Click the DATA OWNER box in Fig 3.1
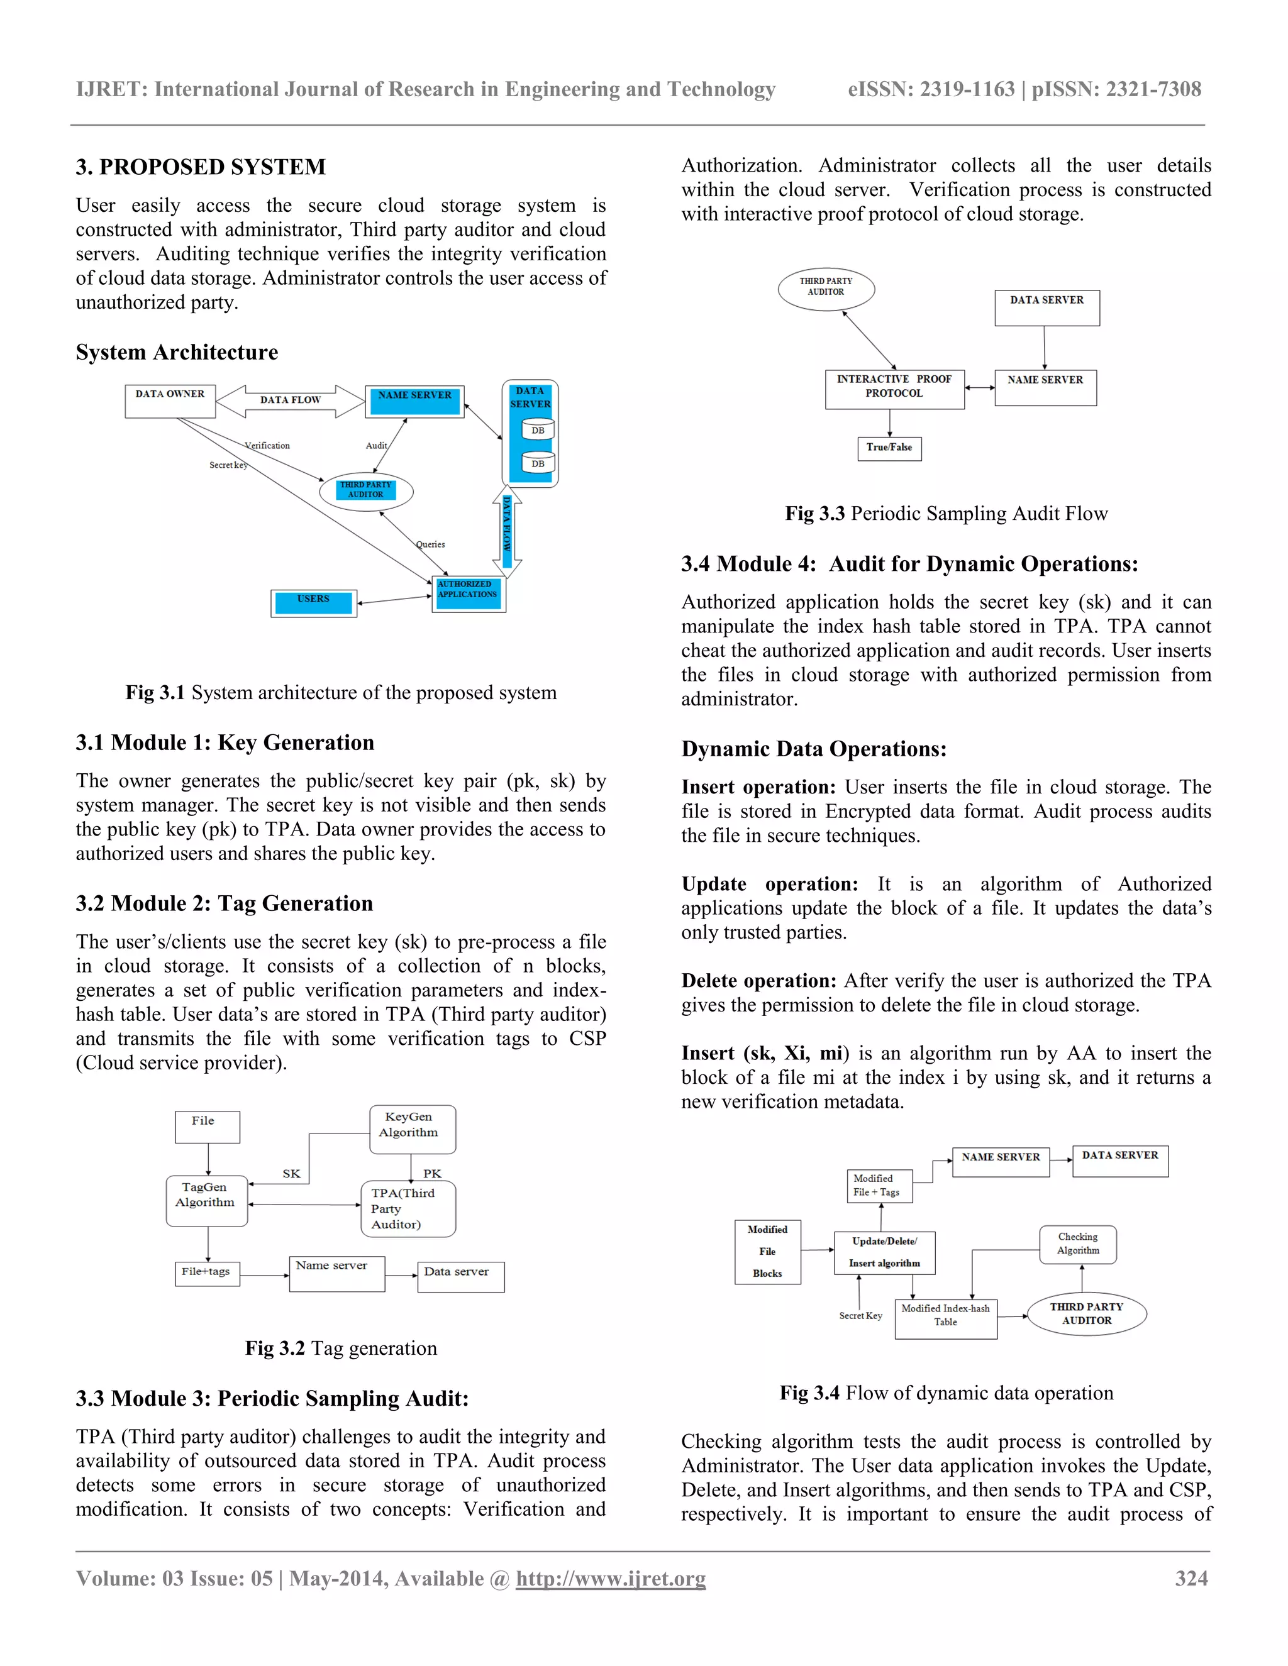(x=170, y=401)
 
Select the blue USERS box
(x=314, y=603)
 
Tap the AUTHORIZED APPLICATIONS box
(x=468, y=594)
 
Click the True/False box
(x=889, y=448)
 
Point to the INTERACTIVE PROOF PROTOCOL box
(x=894, y=389)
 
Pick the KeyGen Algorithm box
(x=412, y=1129)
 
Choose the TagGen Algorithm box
(x=206, y=1201)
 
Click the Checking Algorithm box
(x=1077, y=1244)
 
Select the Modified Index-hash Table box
(x=945, y=1319)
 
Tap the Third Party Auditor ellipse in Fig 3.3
(x=826, y=289)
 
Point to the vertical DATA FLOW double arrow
(x=507, y=532)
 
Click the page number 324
(x=1191, y=1578)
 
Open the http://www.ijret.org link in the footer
(x=611, y=1578)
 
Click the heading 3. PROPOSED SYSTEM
(x=201, y=167)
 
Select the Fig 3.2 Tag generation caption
(x=340, y=1348)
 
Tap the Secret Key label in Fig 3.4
(x=860, y=1316)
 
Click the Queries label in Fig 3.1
(x=430, y=544)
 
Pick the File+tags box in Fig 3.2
(x=207, y=1273)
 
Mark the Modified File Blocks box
(x=768, y=1252)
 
